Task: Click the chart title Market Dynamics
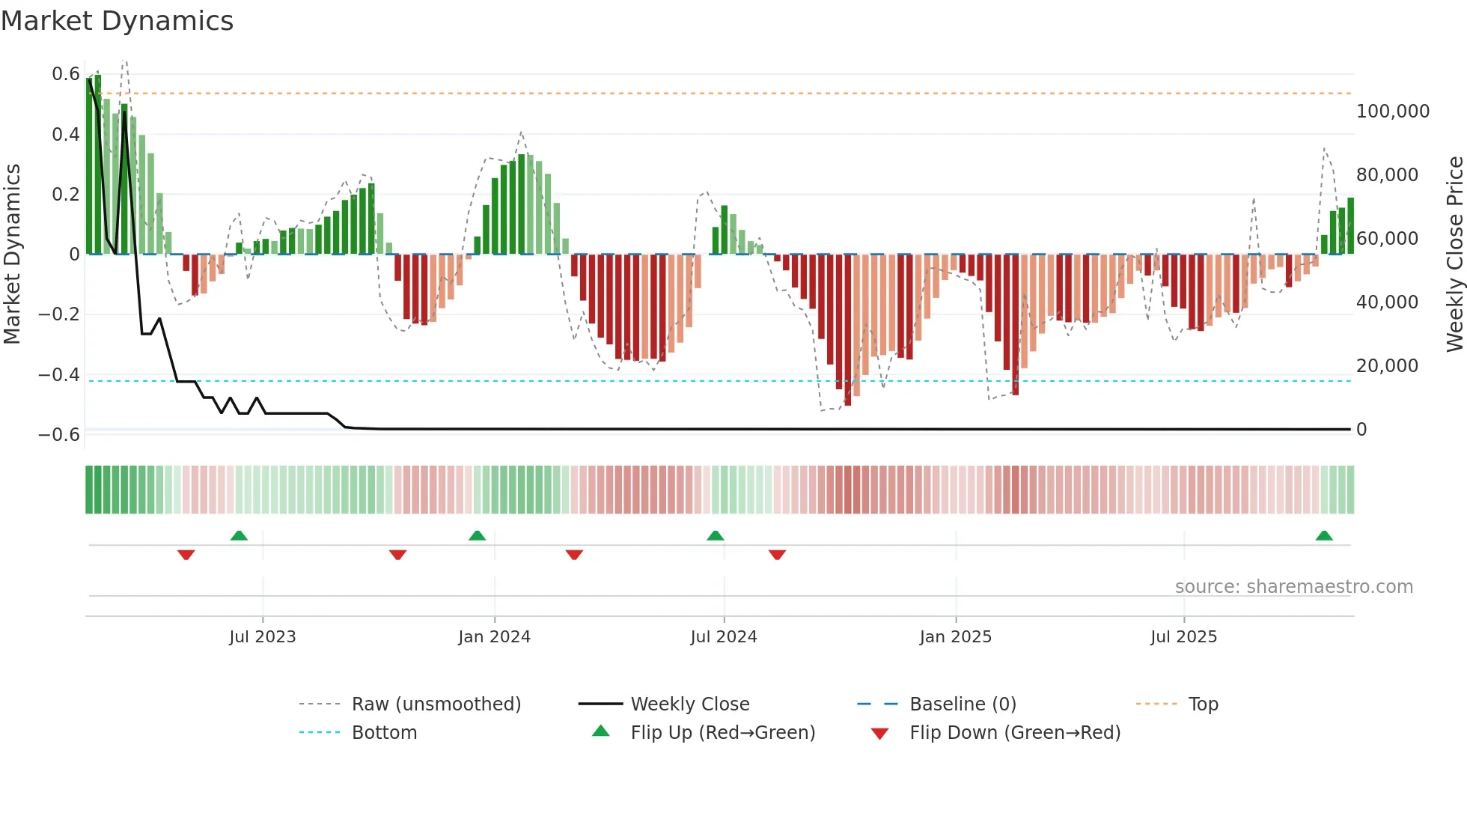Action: click(117, 21)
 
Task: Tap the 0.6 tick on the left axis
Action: click(66, 74)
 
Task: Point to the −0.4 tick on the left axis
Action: click(59, 374)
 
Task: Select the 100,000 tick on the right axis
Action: click(1392, 112)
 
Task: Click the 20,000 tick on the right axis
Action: click(1387, 366)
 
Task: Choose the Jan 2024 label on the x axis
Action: click(494, 637)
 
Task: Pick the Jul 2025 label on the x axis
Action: click(1183, 637)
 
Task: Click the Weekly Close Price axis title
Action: click(1454, 254)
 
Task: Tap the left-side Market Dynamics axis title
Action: click(12, 254)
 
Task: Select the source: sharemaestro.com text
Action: click(1293, 587)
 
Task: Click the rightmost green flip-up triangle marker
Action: click(1324, 535)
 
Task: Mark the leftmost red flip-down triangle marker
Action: click(186, 555)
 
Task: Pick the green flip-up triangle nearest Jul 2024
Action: click(716, 535)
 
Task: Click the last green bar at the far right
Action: click(1350, 226)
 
